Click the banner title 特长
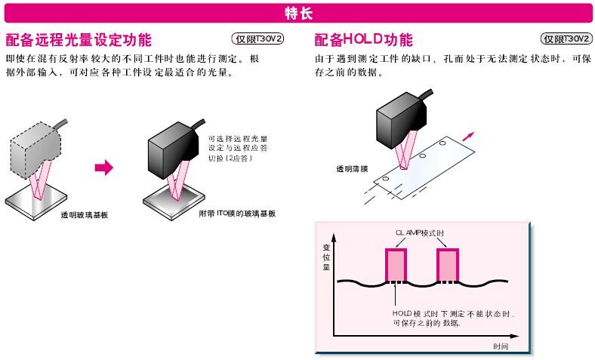(297, 13)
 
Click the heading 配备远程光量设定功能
(79, 40)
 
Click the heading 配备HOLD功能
(364, 40)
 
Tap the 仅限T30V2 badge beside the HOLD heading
(566, 39)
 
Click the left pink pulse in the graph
(395, 265)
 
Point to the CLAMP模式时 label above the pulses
(421, 233)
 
